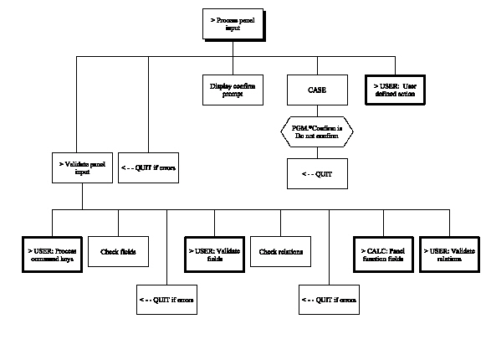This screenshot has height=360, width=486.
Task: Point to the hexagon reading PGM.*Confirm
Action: click(x=316, y=130)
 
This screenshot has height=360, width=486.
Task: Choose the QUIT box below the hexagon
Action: click(x=316, y=172)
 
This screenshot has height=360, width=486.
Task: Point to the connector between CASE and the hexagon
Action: click(x=316, y=110)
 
